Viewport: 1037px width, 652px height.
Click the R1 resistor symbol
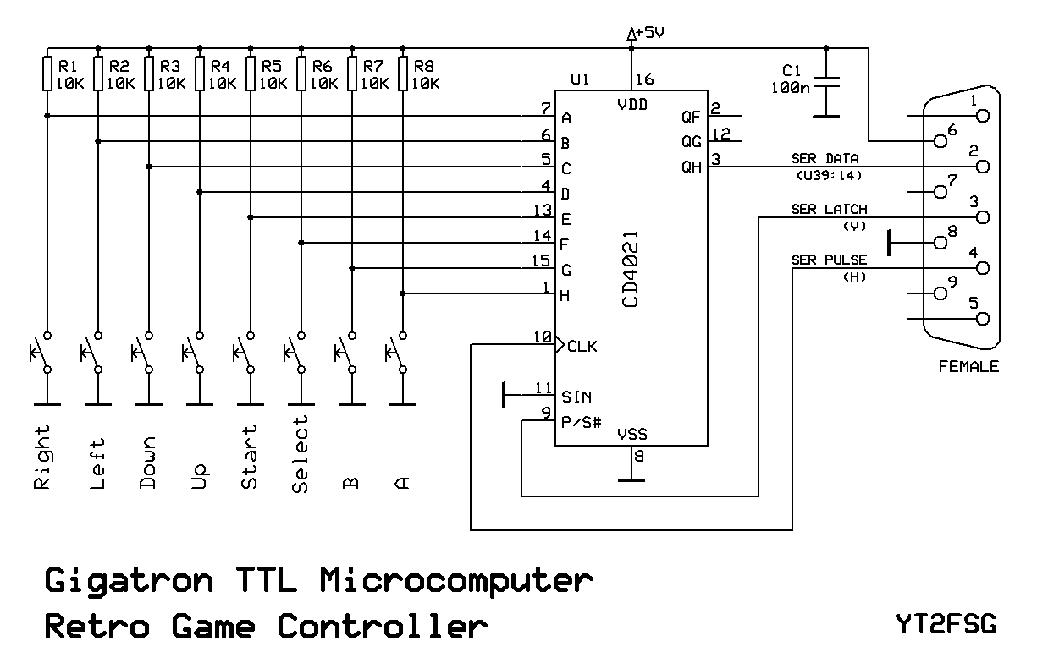click(x=48, y=74)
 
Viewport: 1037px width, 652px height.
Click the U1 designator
click(x=580, y=79)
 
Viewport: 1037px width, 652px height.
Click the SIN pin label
click(x=576, y=397)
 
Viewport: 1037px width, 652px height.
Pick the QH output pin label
click(x=692, y=167)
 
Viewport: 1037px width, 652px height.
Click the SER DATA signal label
click(x=825, y=158)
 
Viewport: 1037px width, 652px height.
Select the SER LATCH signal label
click(x=829, y=209)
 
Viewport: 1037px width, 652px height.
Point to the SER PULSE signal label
click(x=829, y=260)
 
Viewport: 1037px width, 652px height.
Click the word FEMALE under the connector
click(x=968, y=367)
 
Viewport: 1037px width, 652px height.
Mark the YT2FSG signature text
click(x=945, y=625)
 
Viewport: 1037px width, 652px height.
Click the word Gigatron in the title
click(x=128, y=581)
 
